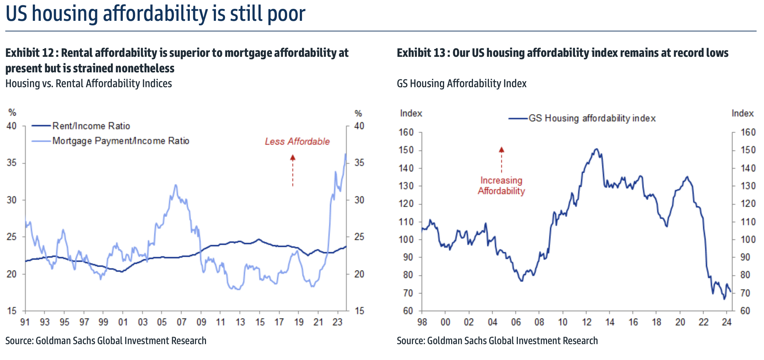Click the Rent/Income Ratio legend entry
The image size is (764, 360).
click(91, 126)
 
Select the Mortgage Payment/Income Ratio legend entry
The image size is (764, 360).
click(121, 141)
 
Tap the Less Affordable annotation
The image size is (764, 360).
click(297, 142)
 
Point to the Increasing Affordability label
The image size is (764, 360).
click(501, 186)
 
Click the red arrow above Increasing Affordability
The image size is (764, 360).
click(501, 160)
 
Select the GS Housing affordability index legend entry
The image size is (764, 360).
click(592, 118)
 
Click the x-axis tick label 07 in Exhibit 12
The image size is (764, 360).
click(181, 322)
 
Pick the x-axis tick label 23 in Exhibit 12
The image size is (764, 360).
click(338, 322)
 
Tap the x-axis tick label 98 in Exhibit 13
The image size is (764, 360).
click(422, 322)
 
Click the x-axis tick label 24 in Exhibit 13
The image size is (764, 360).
click(727, 322)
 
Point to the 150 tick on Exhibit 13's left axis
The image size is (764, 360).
click(406, 150)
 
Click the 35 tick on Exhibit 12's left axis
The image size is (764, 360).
click(12, 163)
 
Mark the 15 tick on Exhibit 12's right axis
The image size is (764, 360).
click(359, 311)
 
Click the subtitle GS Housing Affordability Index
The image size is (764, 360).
click(461, 84)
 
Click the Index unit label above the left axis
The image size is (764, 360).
click(411, 113)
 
